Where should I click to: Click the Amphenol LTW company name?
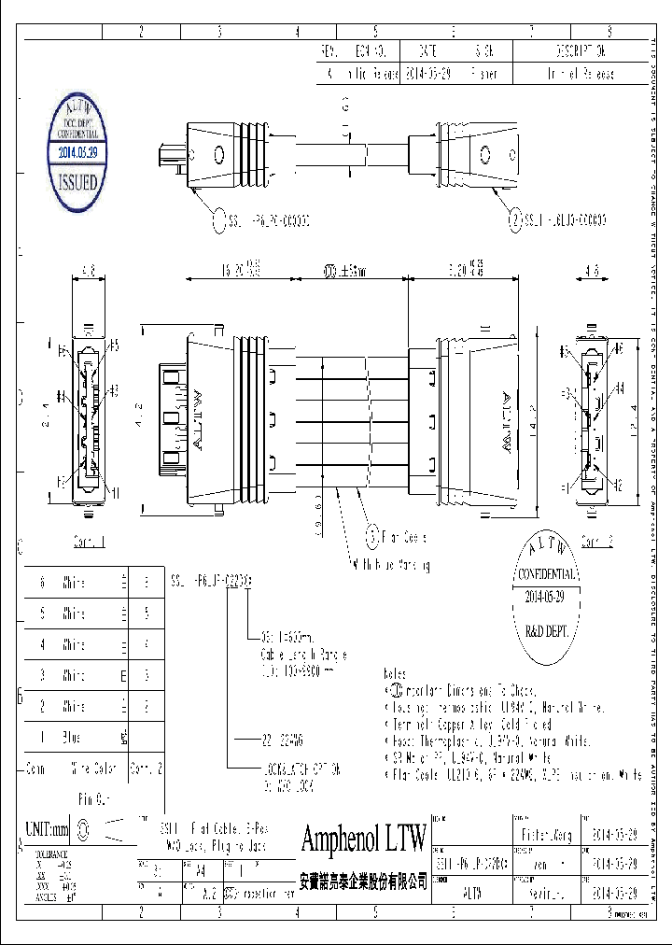pyautogui.click(x=363, y=838)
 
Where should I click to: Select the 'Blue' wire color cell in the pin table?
pyautogui.click(x=72, y=737)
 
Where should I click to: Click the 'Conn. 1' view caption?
pyautogui.click(x=90, y=541)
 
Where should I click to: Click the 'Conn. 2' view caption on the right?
pyautogui.click(x=596, y=541)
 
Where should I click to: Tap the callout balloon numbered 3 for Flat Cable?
pyautogui.click(x=372, y=537)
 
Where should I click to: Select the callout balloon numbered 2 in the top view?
pyautogui.click(x=513, y=220)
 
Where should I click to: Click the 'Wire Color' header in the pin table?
pyautogui.click(x=93, y=769)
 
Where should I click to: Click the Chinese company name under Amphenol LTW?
pyautogui.click(x=363, y=882)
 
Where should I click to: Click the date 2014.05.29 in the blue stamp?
pyautogui.click(x=84, y=149)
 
